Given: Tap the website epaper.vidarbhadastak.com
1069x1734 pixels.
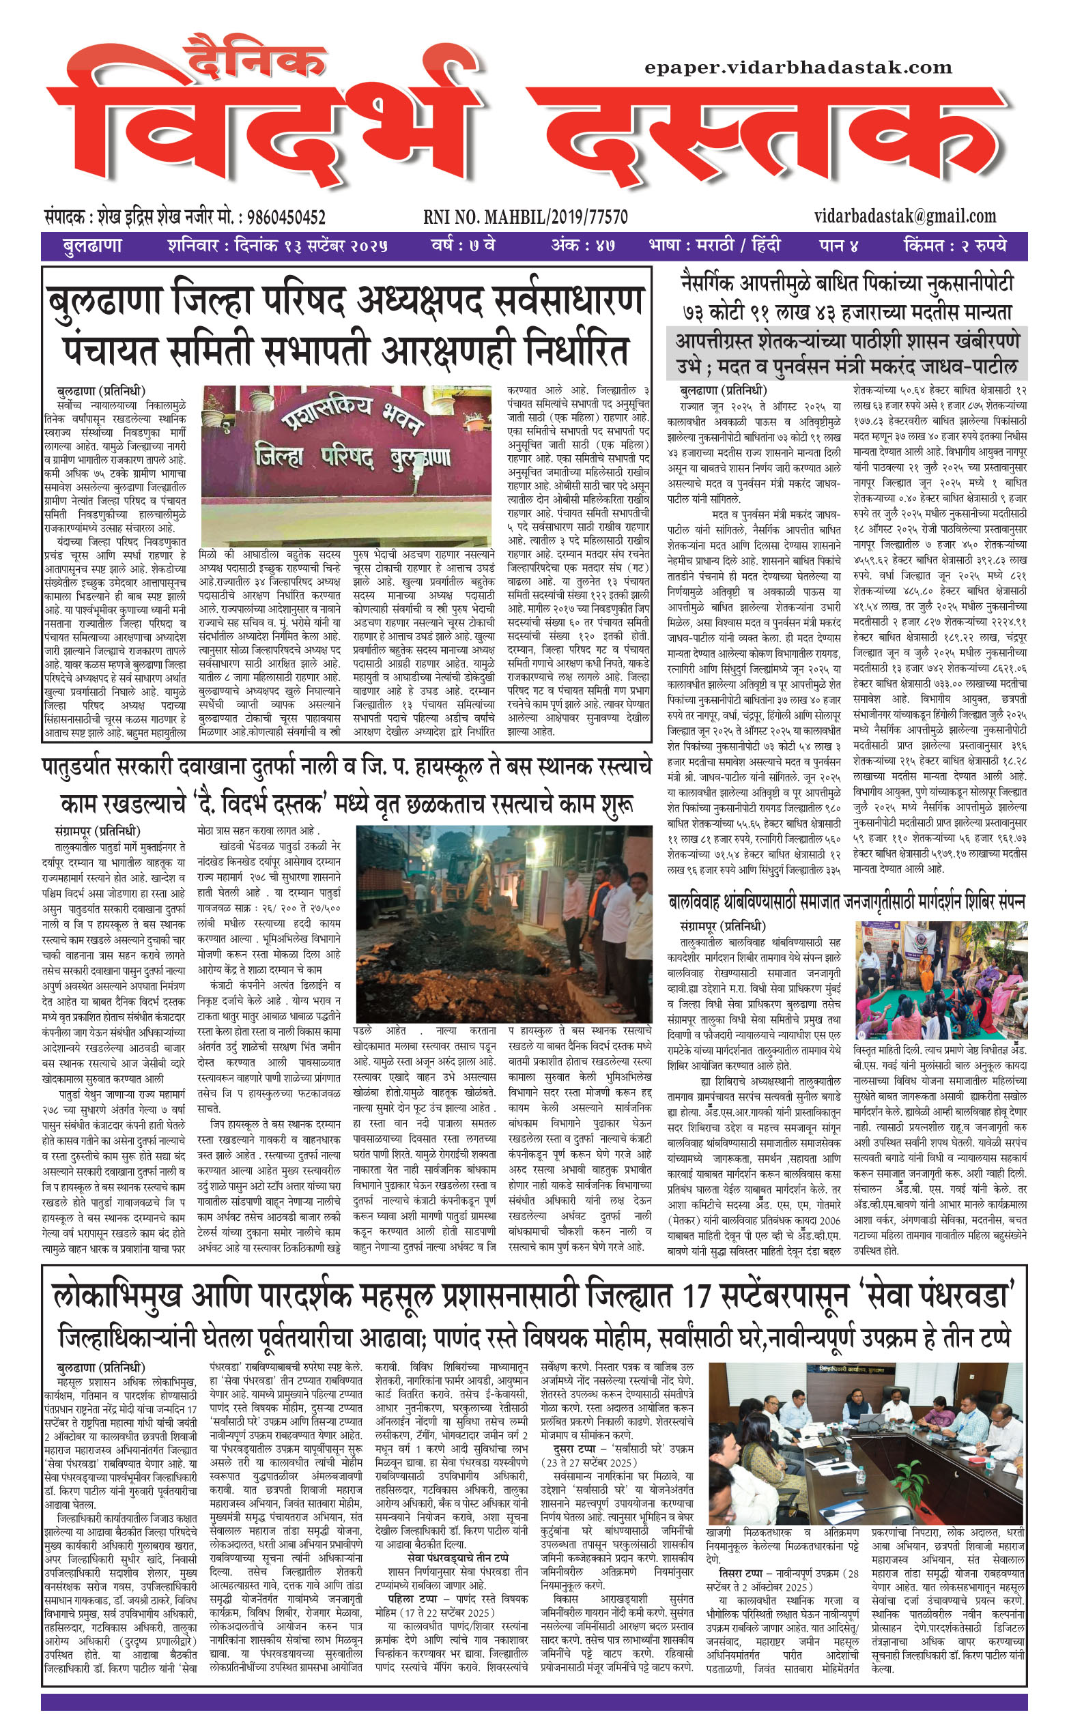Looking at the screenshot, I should pyautogui.click(x=798, y=68).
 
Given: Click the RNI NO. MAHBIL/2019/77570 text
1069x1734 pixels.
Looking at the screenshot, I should pyautogui.click(x=526, y=217).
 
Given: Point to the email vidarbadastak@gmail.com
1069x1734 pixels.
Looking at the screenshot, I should pyautogui.click(x=905, y=216).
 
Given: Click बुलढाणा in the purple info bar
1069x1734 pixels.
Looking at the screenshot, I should pyautogui.click(x=92, y=246).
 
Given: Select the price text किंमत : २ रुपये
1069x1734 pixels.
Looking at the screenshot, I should pyautogui.click(x=954, y=246).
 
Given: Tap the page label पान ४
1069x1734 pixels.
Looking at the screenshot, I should pyautogui.click(x=838, y=246).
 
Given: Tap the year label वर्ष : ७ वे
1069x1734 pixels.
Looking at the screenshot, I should pyautogui.click(x=463, y=246).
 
